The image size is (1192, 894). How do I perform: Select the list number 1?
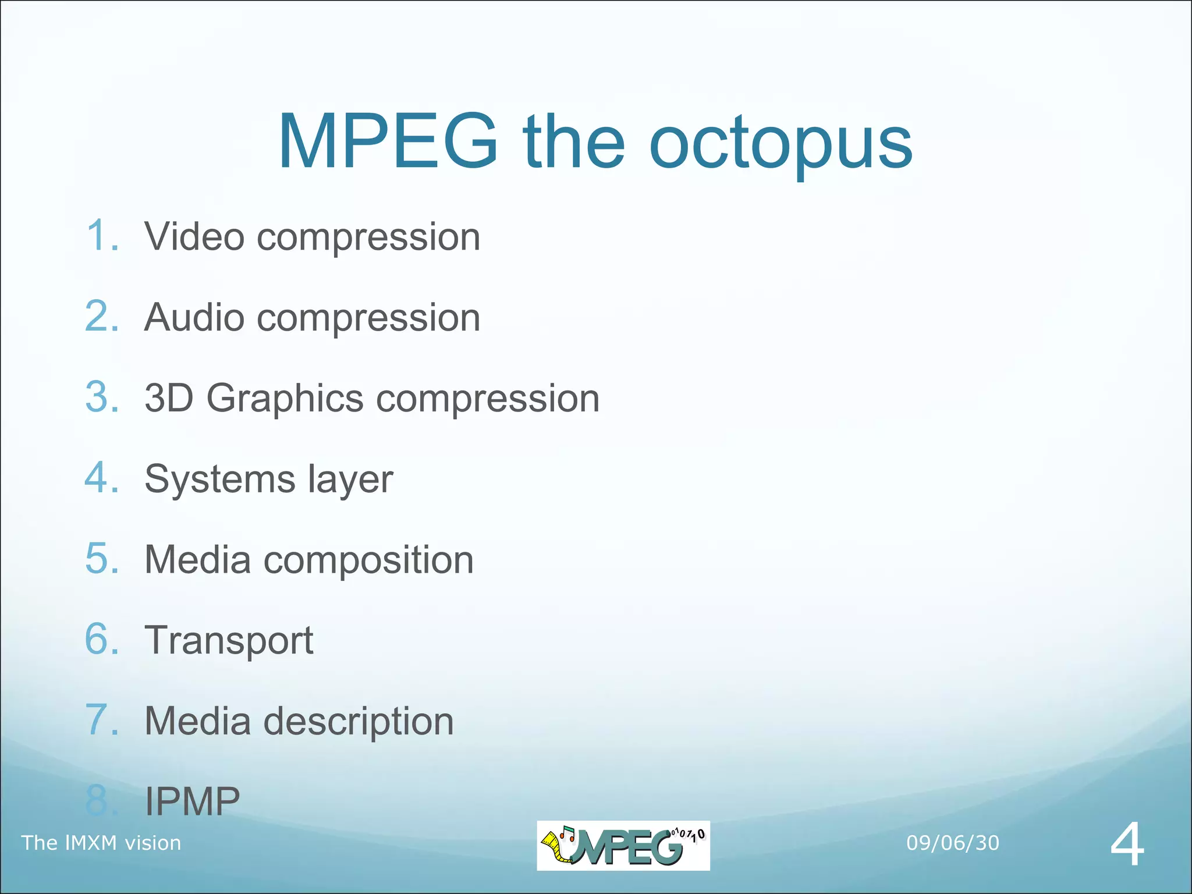pyautogui.click(x=102, y=236)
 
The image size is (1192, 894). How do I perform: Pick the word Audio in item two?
pyautogui.click(x=194, y=317)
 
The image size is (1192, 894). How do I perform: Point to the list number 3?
pyautogui.click(x=102, y=398)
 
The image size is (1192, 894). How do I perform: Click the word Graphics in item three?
pyautogui.click(x=285, y=399)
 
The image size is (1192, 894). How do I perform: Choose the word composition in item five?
pyautogui.click(x=368, y=560)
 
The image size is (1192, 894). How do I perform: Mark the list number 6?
pyautogui.click(x=102, y=640)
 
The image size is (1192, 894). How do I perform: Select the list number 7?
pyautogui.click(x=102, y=720)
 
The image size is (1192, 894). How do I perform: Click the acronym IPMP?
pyautogui.click(x=192, y=801)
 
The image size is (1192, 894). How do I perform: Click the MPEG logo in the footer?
pyautogui.click(x=623, y=846)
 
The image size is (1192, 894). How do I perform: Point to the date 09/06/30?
pyautogui.click(x=952, y=843)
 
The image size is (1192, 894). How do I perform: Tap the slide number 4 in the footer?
pyautogui.click(x=1127, y=845)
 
